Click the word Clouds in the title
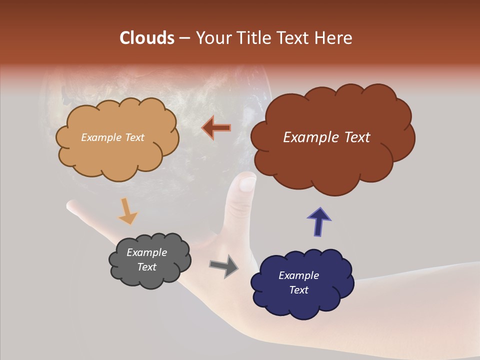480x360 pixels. click(x=147, y=38)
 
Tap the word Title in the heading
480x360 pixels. click(x=251, y=38)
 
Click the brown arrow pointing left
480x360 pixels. click(x=216, y=128)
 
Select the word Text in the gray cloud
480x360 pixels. click(x=147, y=267)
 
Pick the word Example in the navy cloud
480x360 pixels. click(x=298, y=275)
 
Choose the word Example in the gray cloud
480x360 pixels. click(x=146, y=252)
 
